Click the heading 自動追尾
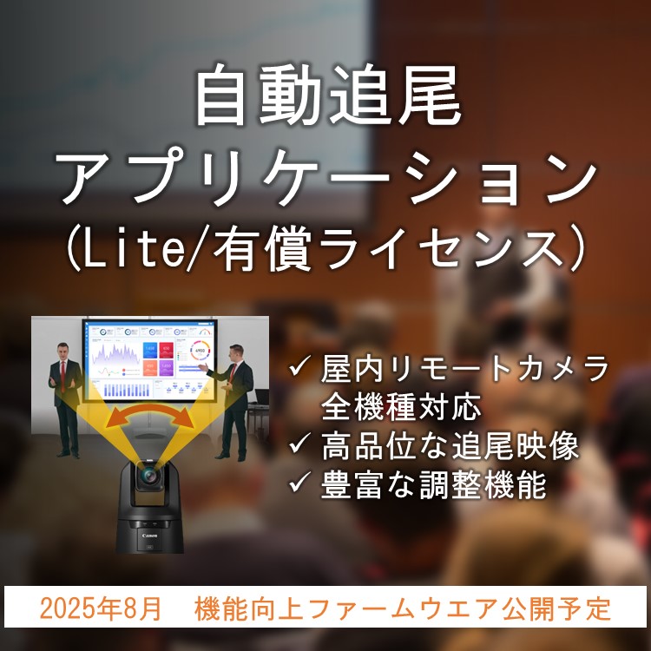point(327,95)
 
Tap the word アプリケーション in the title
point(326,177)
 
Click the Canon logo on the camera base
point(149,536)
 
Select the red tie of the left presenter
point(63,376)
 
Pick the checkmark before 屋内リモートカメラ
point(299,365)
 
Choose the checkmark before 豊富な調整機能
point(299,482)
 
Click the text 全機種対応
point(401,406)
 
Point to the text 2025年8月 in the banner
point(100,608)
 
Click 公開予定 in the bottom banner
point(556,608)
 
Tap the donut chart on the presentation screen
point(200,351)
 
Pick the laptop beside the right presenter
point(260,398)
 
